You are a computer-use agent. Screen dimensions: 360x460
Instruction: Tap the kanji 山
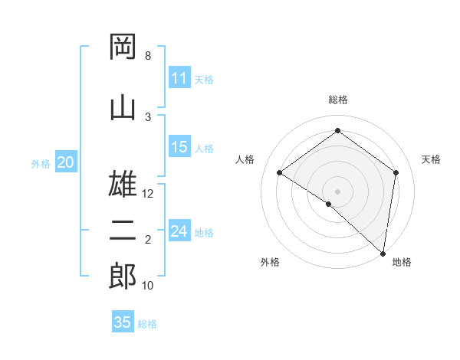(x=123, y=108)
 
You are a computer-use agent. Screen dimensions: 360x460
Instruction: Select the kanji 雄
(x=123, y=185)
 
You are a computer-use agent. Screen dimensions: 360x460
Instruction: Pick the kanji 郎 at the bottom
(x=123, y=277)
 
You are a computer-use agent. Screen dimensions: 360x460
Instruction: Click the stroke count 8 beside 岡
(x=148, y=56)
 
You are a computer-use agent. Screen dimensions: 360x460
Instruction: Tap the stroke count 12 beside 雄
(x=149, y=194)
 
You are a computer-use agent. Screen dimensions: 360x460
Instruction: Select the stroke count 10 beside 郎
(x=148, y=286)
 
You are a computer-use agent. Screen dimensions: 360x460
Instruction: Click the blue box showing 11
(x=179, y=78)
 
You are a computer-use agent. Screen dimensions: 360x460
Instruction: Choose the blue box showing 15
(x=179, y=147)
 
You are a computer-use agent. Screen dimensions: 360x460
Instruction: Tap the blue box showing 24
(x=179, y=231)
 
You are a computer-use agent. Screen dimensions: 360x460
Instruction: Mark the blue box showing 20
(x=66, y=162)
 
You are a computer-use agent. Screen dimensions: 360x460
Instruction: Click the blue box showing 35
(x=123, y=322)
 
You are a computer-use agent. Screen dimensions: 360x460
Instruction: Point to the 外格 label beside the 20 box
(x=41, y=163)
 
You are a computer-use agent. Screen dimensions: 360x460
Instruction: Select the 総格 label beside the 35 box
(x=148, y=323)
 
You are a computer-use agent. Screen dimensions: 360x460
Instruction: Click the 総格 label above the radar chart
(x=338, y=100)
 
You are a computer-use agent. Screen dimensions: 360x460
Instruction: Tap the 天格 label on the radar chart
(x=432, y=159)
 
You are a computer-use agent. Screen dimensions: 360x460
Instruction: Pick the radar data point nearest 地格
(x=383, y=252)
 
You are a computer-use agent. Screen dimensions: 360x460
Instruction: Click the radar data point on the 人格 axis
(x=280, y=173)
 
